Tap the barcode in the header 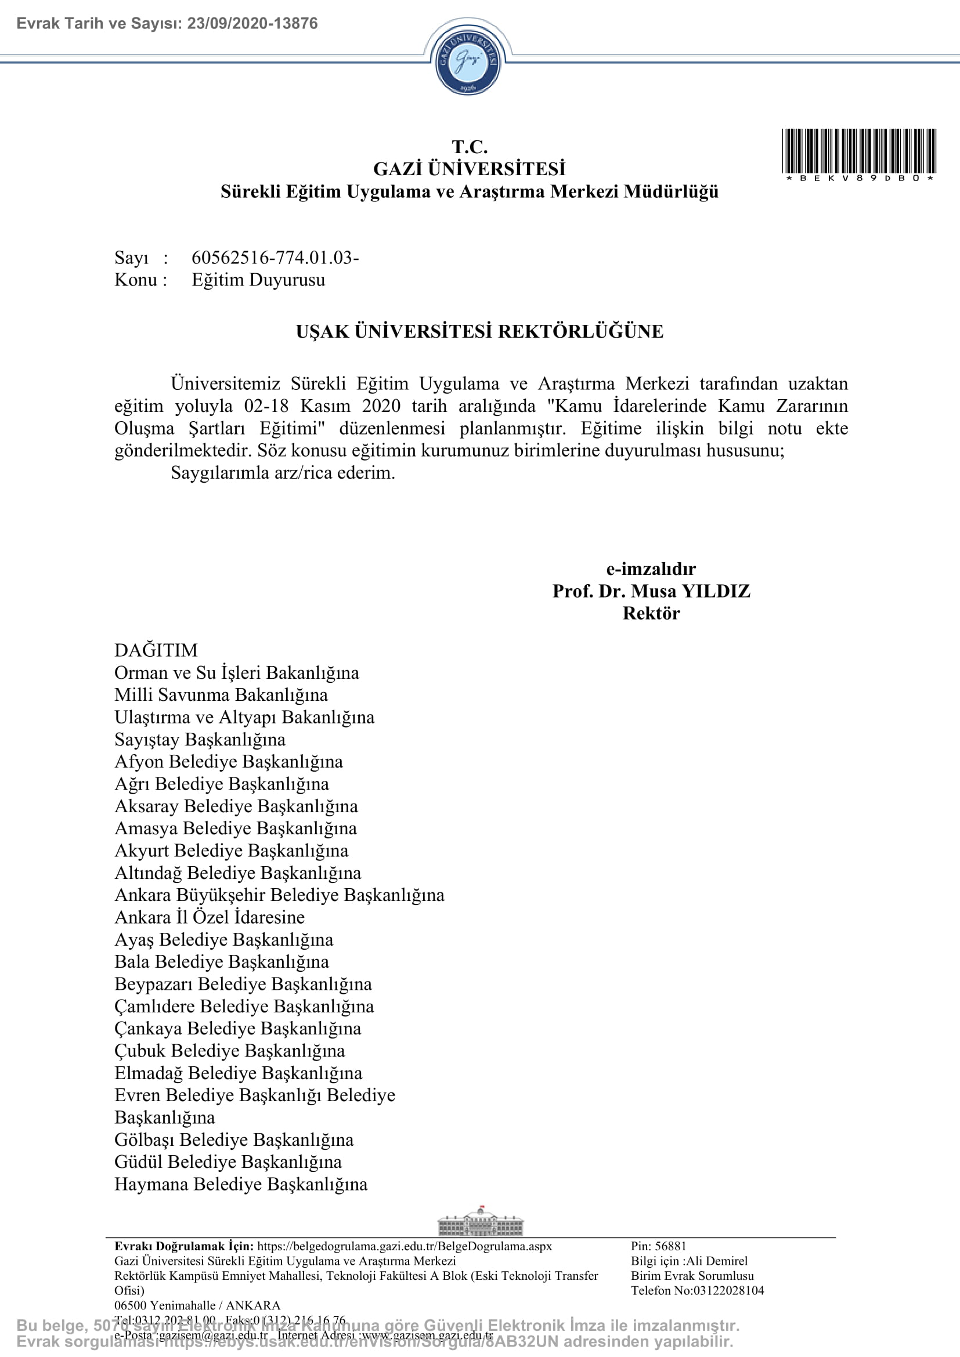tap(858, 151)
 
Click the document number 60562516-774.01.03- tap(275, 258)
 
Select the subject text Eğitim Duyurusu tap(258, 280)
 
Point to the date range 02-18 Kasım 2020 tap(322, 406)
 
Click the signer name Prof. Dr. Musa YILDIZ tap(651, 591)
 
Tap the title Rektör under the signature tap(651, 613)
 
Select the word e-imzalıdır tap(651, 569)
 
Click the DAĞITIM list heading tap(156, 650)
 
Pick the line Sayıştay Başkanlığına tap(200, 739)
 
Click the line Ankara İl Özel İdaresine tap(210, 917)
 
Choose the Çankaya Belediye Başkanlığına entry tap(237, 1029)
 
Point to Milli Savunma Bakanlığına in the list tap(221, 695)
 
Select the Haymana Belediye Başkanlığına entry tap(241, 1185)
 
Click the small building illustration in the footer tap(480, 1222)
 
